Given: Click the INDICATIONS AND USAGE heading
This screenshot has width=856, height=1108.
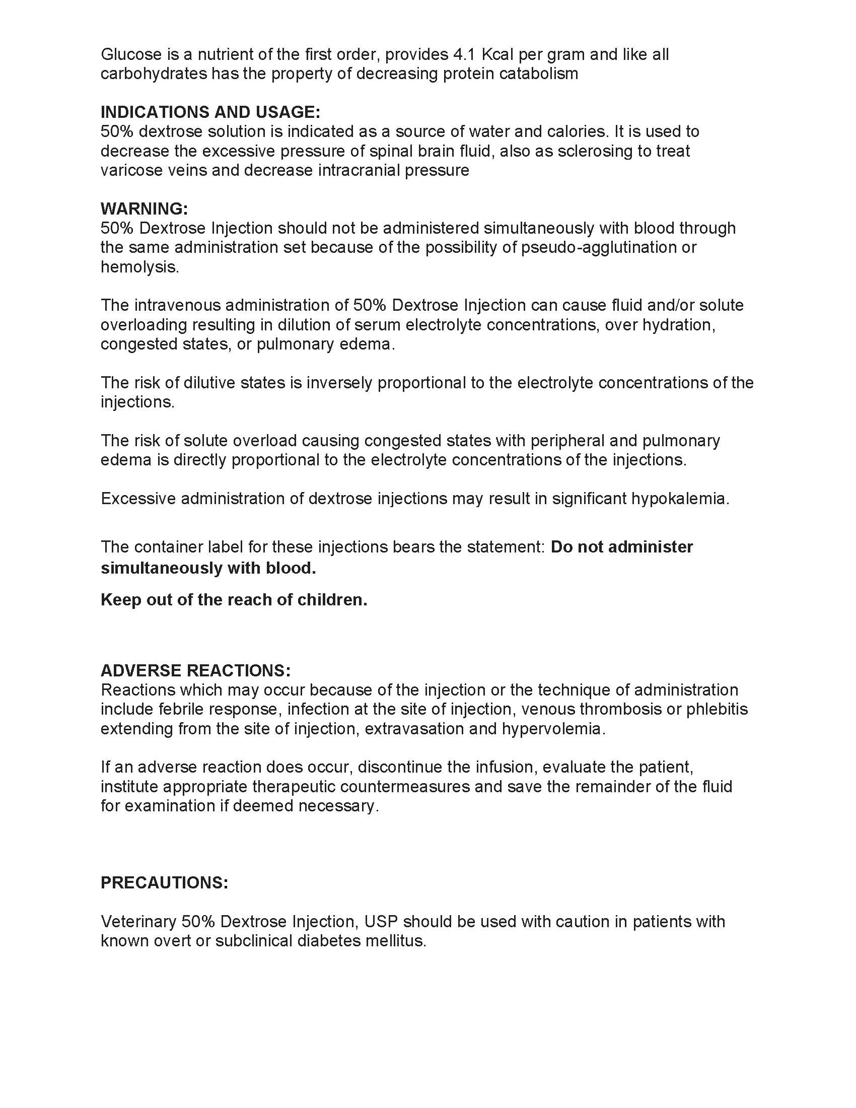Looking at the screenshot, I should (x=210, y=112).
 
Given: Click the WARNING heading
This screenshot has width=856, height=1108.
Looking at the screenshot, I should (x=144, y=209).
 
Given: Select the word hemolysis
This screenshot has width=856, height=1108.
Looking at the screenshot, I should (x=139, y=267).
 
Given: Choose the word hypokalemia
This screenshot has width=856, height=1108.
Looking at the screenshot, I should (x=679, y=499).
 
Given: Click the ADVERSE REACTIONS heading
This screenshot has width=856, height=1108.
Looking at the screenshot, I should (x=196, y=670).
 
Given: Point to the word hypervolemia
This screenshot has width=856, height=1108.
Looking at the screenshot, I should (x=553, y=729).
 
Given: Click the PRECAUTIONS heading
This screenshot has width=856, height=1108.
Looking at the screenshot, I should (x=164, y=882).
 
